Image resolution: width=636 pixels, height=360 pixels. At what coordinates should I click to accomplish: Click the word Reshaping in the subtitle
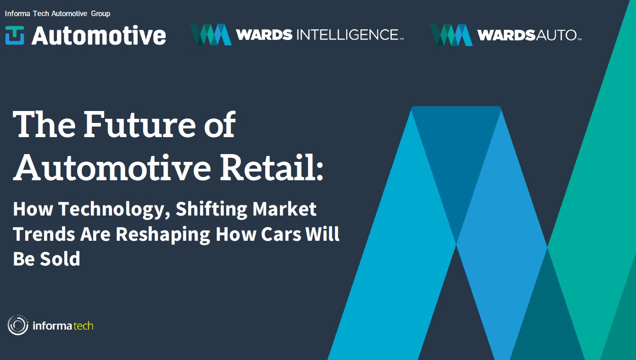(x=162, y=234)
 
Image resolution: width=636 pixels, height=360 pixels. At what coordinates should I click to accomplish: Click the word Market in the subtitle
(x=285, y=209)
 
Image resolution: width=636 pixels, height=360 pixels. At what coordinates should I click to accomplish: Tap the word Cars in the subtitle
(x=280, y=234)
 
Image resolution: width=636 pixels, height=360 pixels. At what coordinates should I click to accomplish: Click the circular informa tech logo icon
(x=18, y=325)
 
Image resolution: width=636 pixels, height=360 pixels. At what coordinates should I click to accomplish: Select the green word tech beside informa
(x=84, y=326)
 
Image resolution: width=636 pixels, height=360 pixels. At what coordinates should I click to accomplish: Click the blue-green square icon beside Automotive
(x=15, y=35)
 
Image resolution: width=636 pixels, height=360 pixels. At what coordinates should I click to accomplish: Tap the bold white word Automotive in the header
(x=99, y=36)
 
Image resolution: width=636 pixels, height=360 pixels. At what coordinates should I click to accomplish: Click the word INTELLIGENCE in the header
(x=348, y=35)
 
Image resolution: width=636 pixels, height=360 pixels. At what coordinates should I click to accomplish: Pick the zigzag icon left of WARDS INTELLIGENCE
(x=211, y=35)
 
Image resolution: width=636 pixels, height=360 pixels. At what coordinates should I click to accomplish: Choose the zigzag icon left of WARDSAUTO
(x=451, y=35)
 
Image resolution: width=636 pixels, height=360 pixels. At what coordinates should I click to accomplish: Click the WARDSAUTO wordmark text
(x=528, y=35)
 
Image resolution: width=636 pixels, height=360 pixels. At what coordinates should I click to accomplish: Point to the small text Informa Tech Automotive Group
(x=57, y=14)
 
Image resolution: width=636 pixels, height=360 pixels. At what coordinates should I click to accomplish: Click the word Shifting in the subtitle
(x=211, y=210)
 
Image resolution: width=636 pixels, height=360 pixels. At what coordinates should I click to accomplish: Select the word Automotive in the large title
(x=112, y=168)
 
